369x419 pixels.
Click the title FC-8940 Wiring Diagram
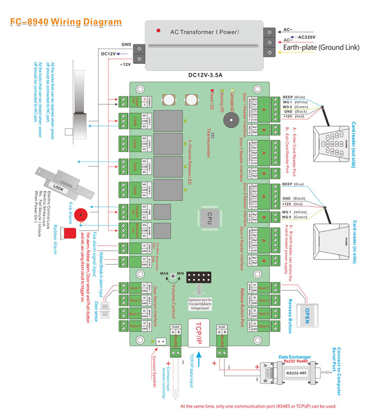(x=66, y=22)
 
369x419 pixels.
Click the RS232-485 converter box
(x=298, y=372)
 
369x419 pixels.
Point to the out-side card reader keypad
(x=332, y=143)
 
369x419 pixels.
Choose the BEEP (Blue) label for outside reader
(x=293, y=98)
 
